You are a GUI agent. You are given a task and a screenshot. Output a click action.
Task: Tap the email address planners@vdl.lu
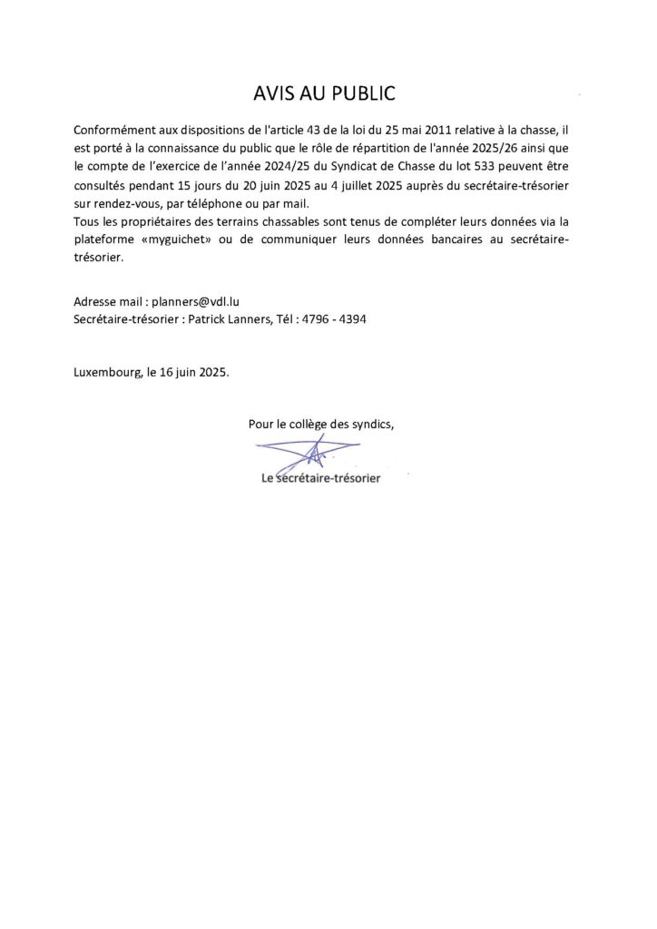pos(195,301)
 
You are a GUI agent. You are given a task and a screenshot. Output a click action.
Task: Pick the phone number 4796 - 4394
pos(335,319)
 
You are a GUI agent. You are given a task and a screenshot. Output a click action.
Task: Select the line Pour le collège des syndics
pos(320,424)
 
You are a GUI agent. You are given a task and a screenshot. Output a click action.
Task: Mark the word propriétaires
pos(144,221)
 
